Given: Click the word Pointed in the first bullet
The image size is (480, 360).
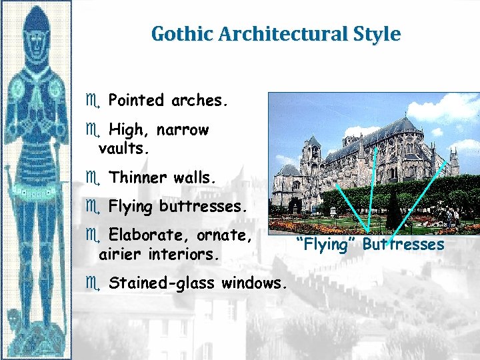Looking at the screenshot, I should pos(136,101).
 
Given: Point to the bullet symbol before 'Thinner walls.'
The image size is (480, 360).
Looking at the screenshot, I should pos(91,178).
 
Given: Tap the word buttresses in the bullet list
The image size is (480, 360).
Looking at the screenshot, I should pos(203,207).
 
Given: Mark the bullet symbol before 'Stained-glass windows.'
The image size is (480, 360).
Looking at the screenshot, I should pos(91,283).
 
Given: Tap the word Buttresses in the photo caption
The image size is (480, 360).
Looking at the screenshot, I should pos(403,245).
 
